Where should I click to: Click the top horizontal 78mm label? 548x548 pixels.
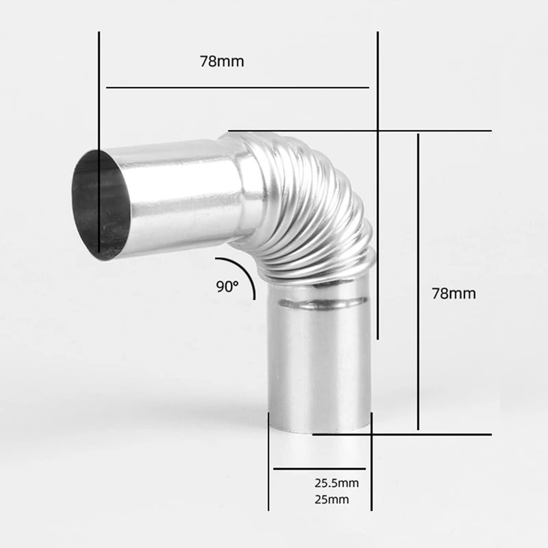click(x=222, y=61)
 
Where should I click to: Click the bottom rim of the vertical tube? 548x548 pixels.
click(x=319, y=427)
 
